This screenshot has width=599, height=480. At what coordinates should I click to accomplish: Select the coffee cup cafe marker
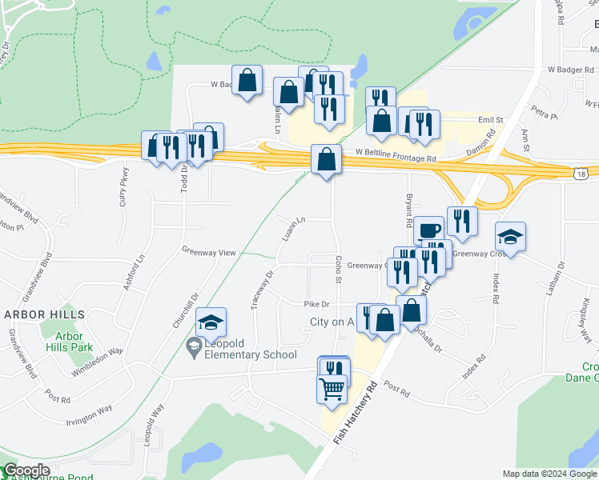pyautogui.click(x=428, y=231)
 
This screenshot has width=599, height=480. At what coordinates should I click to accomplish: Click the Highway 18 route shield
pyautogui.click(x=581, y=173)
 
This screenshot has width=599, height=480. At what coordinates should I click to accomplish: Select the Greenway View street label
pyautogui.click(x=208, y=252)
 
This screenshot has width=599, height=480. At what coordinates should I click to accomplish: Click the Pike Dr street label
pyautogui.click(x=317, y=304)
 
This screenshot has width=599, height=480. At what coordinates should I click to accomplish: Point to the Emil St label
pyautogui.click(x=489, y=120)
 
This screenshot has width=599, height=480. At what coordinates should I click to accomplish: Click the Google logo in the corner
pyautogui.click(x=26, y=470)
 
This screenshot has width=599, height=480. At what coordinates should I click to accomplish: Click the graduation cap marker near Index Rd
pyautogui.click(x=510, y=237)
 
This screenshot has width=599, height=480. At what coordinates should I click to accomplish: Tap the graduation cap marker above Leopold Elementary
pyautogui.click(x=211, y=322)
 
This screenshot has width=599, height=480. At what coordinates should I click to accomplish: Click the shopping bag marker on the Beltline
pyautogui.click(x=326, y=160)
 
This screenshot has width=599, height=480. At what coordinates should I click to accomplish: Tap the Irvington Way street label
pyautogui.click(x=89, y=410)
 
